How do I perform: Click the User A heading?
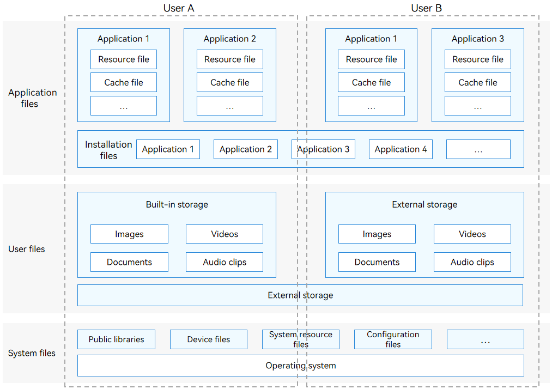point(179,8)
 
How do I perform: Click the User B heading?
point(426,8)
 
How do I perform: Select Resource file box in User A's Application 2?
point(230,59)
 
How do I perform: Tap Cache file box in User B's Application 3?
point(478,82)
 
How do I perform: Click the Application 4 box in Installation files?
point(401,149)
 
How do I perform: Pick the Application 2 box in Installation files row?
point(245,149)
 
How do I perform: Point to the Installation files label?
point(108,150)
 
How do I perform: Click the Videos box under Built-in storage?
point(225,234)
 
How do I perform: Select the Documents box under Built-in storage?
point(129,262)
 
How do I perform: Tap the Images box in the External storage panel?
point(377,234)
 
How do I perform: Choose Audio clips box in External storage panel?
point(472,262)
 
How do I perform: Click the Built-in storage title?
point(177,204)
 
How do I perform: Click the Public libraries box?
point(116,339)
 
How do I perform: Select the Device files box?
point(208,339)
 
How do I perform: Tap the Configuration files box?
point(393,339)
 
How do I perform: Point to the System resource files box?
point(301,339)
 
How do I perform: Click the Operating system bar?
point(301,366)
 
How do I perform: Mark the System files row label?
point(32,353)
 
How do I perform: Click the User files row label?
point(27,249)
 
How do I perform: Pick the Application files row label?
point(32,98)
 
